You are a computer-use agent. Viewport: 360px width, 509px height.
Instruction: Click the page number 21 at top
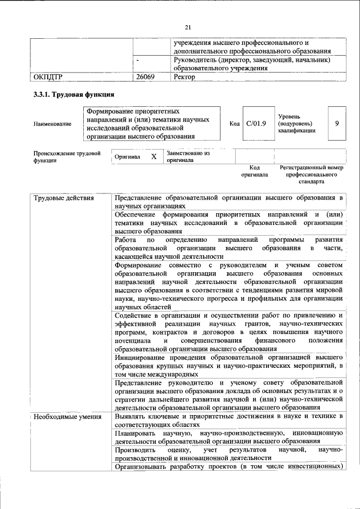(x=188, y=26)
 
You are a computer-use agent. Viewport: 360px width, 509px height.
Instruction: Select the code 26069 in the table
(x=145, y=77)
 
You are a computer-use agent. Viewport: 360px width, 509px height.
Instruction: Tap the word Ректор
(x=185, y=77)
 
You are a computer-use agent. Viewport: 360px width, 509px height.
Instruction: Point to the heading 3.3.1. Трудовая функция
(x=74, y=94)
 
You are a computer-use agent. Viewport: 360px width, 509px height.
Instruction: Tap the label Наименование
(x=52, y=123)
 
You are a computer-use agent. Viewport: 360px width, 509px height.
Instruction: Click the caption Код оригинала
(x=254, y=172)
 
